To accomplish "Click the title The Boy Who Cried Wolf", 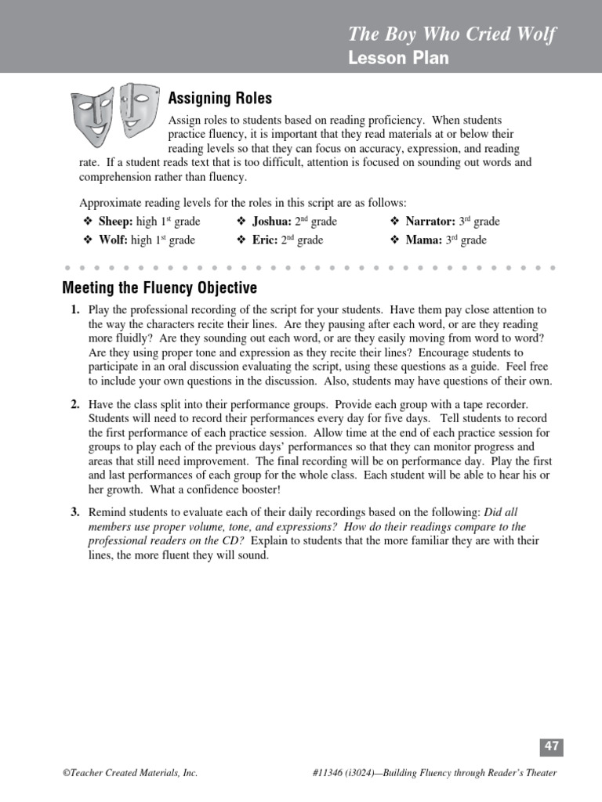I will point(451,35).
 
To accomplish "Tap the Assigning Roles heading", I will point(220,98).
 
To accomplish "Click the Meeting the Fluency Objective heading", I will point(159,288).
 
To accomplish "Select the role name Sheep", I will point(114,222).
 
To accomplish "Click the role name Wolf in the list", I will point(113,240).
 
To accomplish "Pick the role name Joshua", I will point(271,222).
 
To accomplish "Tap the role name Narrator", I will point(430,222).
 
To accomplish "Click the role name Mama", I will point(423,240).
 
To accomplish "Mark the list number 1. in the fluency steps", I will point(75,310).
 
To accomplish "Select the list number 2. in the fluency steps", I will point(75,404).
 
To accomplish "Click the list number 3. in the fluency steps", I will point(75,512).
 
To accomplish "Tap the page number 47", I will point(552,747).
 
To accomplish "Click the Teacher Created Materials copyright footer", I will point(130,773).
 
